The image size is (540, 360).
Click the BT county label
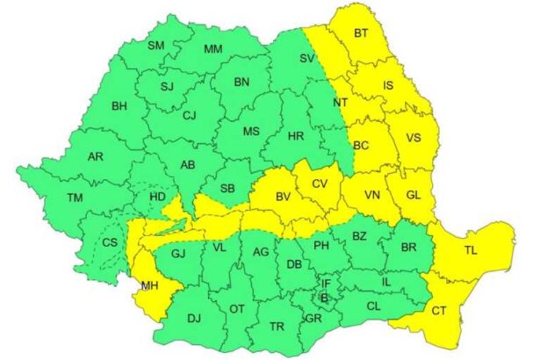[361, 33]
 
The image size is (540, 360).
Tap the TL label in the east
[472, 251]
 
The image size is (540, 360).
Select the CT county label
[438, 311]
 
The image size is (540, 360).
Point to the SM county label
[155, 46]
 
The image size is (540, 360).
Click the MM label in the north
[212, 49]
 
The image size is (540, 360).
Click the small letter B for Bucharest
[324, 299]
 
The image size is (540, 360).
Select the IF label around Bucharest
[326, 284]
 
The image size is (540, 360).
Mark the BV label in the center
[282, 198]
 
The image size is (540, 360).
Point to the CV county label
[320, 184]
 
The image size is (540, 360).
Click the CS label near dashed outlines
[110, 242]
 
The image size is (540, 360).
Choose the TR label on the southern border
[277, 327]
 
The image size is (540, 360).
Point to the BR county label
[408, 248]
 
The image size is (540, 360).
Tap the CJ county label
[189, 115]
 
